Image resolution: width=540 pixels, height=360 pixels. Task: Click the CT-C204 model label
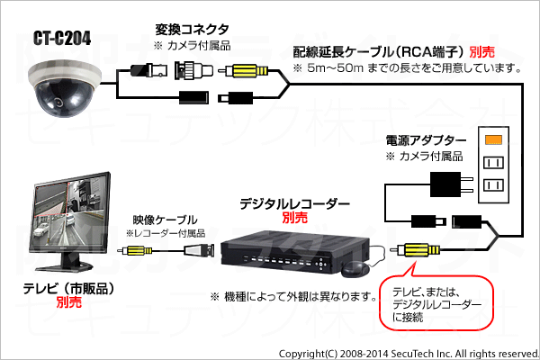(62, 38)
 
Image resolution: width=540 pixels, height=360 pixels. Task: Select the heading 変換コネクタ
(192, 30)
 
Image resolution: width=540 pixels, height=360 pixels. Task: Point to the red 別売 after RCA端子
(482, 52)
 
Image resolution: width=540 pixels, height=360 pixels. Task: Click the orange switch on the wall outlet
(493, 139)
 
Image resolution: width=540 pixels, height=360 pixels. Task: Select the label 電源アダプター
(426, 140)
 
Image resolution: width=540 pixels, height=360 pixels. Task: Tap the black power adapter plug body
(445, 184)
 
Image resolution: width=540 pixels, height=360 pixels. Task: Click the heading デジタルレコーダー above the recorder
(294, 204)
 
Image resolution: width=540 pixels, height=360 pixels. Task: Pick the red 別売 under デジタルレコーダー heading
(295, 218)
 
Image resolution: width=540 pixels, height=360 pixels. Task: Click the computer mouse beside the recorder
(355, 269)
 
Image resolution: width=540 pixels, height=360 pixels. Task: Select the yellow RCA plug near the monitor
(135, 250)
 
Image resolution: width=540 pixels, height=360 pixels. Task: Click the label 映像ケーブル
(166, 220)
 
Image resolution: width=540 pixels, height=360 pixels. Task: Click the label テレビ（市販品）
(68, 289)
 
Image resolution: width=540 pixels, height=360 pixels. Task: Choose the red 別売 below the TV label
(69, 302)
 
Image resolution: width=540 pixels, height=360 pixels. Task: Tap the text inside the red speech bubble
(436, 304)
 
